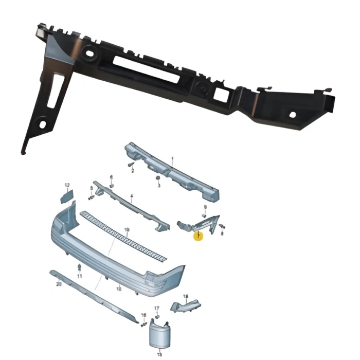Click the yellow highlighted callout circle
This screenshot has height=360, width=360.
(x=199, y=236)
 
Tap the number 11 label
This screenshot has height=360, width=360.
(x=80, y=276)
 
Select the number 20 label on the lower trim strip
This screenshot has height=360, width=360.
(x=59, y=283)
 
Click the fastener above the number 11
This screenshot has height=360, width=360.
(x=79, y=267)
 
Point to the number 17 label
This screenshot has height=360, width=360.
(x=157, y=308)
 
